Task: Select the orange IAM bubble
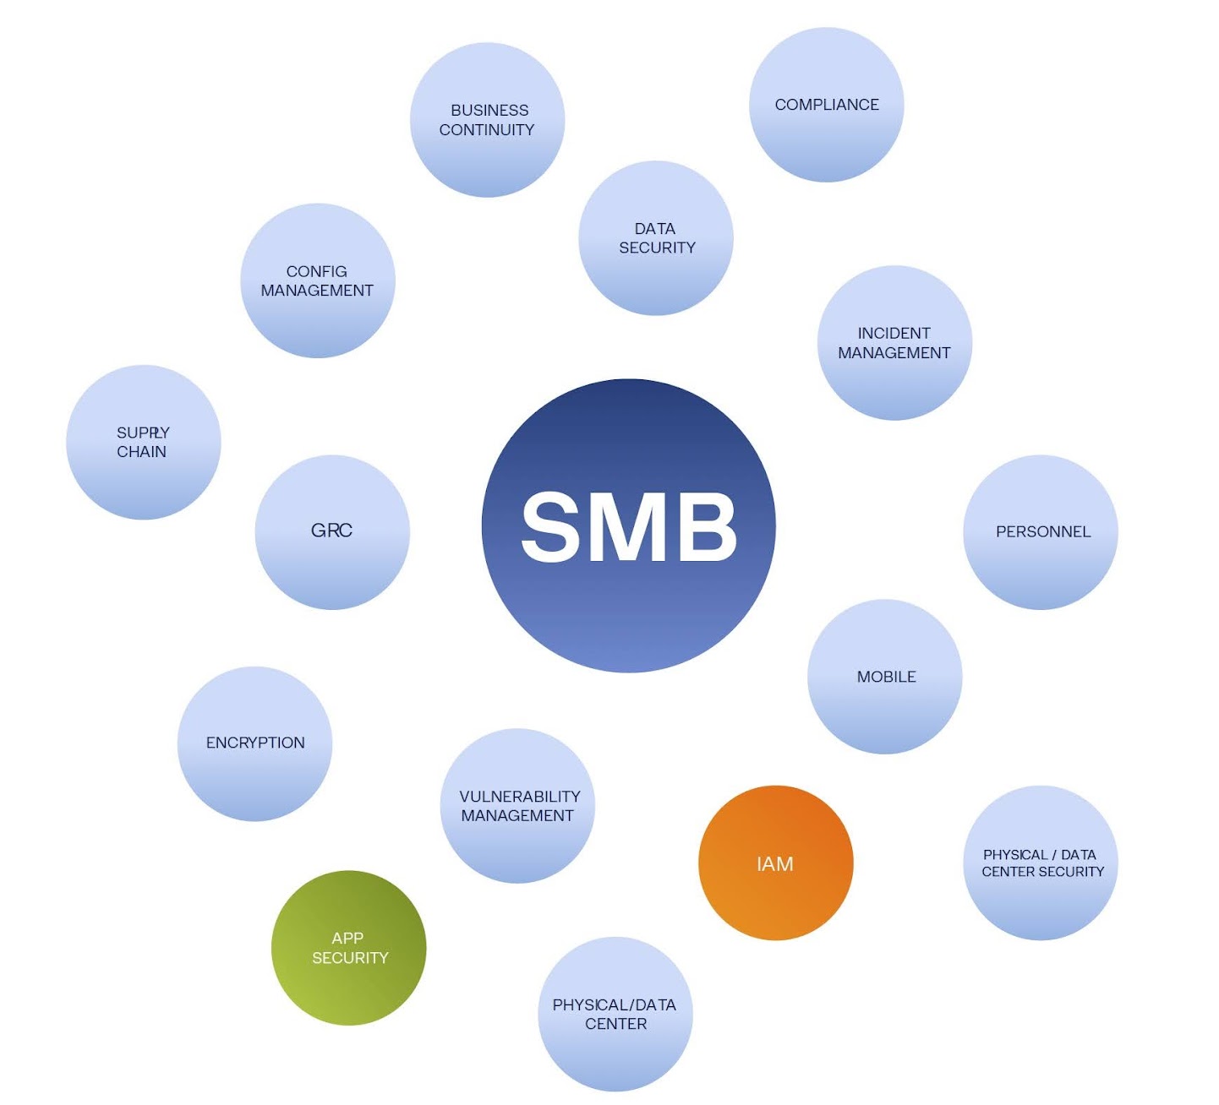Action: pos(775,863)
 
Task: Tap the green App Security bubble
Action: pos(348,948)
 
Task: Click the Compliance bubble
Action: pos(826,105)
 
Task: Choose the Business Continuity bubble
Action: pos(487,120)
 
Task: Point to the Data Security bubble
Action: pos(655,238)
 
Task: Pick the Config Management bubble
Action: pos(317,280)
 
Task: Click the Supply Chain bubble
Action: pos(143,442)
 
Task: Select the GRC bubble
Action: pos(331,531)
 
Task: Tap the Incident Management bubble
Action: pos(894,343)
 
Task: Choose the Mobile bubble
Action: pos(885,677)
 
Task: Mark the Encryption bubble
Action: pos(254,743)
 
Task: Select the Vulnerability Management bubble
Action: pos(517,806)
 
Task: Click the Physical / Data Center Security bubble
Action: pos(1041,863)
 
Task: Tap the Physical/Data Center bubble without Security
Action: pos(615,1014)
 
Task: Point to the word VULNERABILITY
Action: pos(519,797)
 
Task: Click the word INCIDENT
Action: pos(894,334)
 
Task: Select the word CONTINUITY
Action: pos(487,130)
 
